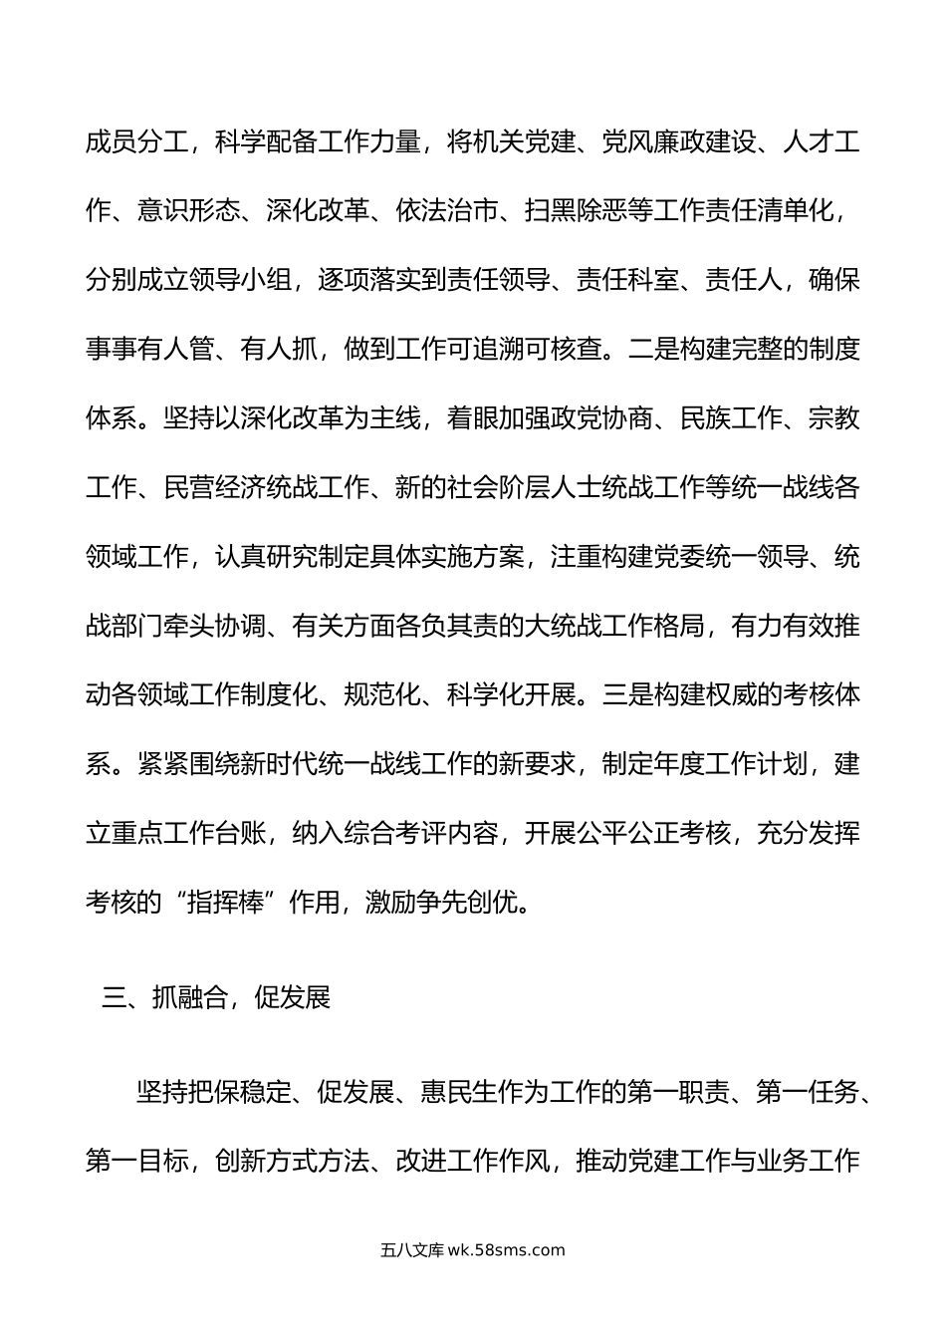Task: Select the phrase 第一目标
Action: click(136, 1162)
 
